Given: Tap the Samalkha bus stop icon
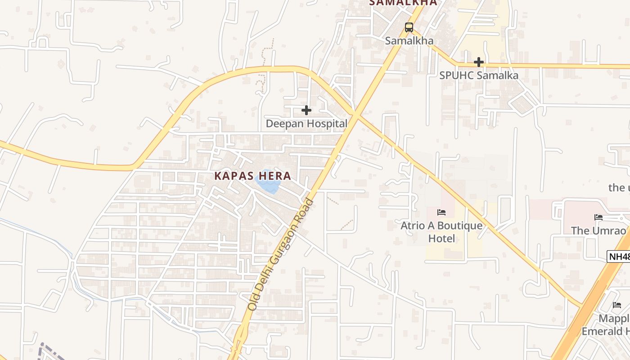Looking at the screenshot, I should click(x=409, y=27).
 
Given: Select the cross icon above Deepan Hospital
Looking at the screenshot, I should click(x=306, y=110).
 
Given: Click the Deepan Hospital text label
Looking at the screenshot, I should click(x=306, y=123).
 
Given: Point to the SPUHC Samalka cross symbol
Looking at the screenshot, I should click(x=479, y=62).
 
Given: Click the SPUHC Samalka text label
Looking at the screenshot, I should click(x=479, y=75).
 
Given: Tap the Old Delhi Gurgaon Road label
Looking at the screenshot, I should click(x=281, y=254).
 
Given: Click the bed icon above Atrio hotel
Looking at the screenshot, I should click(x=441, y=212).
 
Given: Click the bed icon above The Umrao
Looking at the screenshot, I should click(x=598, y=217).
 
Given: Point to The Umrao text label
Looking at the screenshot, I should click(x=598, y=231).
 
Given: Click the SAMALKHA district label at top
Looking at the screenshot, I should click(x=403, y=3).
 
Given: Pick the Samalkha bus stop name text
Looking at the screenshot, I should click(x=409, y=40).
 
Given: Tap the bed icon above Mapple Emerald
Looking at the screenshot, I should click(x=617, y=305).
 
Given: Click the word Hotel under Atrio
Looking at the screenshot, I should click(x=441, y=238).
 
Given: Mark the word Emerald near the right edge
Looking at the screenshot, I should click(x=601, y=332).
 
